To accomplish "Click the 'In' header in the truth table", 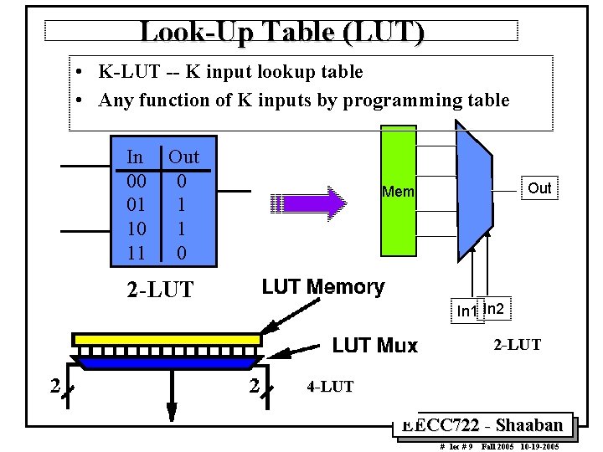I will tap(135, 157).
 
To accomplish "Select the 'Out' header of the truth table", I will tap(183, 157).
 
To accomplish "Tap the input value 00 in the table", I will tap(135, 181).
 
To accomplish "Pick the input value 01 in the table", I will tap(135, 204).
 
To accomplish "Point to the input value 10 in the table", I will tap(135, 228).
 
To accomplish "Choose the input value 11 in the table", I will tap(135, 251).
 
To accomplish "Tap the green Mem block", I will tap(398, 191).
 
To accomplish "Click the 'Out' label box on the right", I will tap(539, 188).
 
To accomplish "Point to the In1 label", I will tap(466, 311).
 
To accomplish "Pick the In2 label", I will tap(494, 309).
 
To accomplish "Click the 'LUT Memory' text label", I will tap(323, 287).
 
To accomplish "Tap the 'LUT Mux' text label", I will tap(374, 345).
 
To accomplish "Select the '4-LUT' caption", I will tap(330, 387).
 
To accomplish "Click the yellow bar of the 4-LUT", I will tap(167, 339).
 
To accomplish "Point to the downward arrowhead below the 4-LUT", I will tap(172, 410).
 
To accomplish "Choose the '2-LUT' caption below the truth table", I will tap(159, 290).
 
